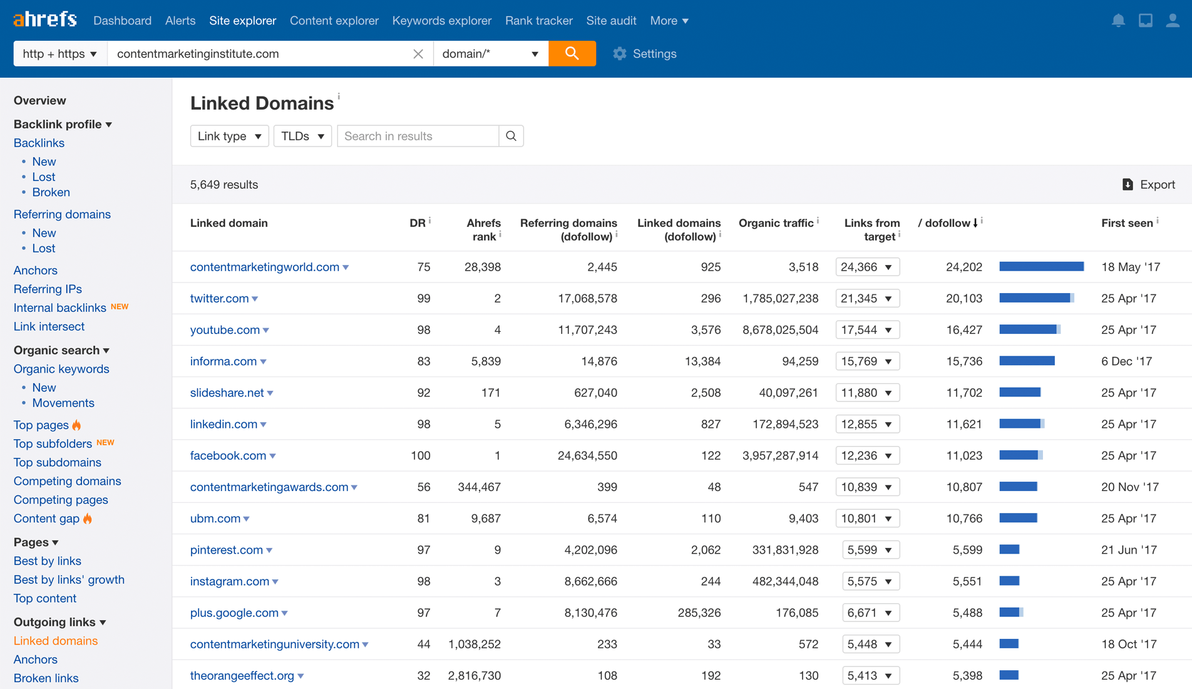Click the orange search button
572,53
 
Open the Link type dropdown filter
229,136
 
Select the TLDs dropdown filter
302,136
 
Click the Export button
1149,185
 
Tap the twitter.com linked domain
219,299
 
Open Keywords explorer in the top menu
441,21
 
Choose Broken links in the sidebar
46,678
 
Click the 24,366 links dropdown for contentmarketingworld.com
867,267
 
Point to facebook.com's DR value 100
420,455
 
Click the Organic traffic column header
776,223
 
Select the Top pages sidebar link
41,425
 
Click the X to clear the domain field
418,54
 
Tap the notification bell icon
1118,21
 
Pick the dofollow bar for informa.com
1027,361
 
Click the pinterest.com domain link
226,550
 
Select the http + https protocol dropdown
60,54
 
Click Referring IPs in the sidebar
48,289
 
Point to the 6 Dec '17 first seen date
1126,361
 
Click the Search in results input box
418,136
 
